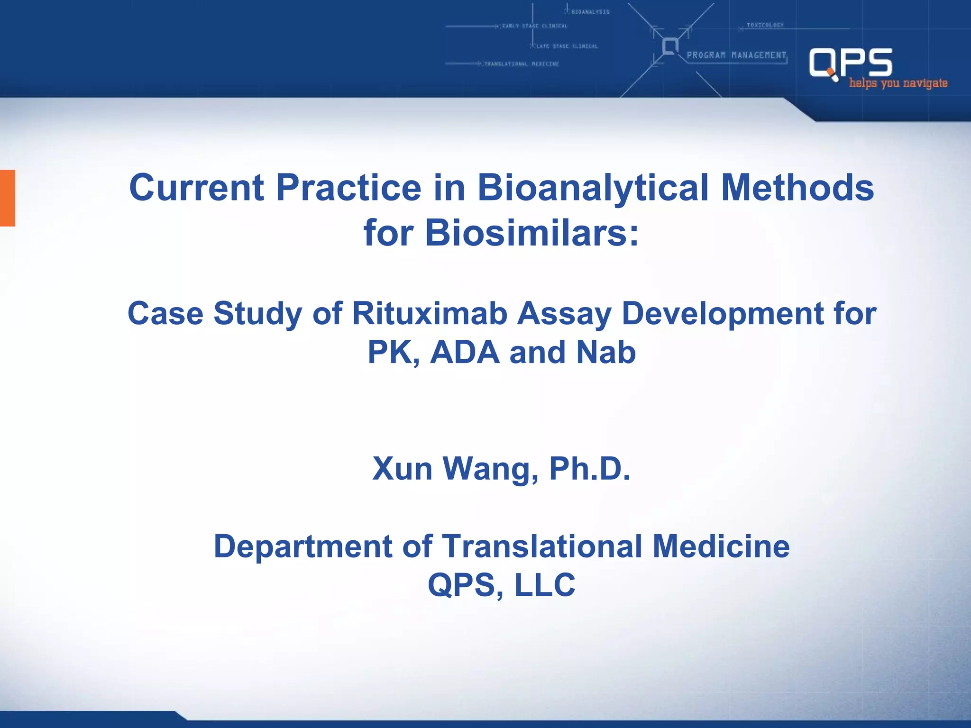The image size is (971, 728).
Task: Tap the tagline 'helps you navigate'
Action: [898, 83]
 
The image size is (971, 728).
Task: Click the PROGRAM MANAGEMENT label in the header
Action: [736, 55]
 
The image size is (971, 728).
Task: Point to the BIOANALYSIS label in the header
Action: [590, 12]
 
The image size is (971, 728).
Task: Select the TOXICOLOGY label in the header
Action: [765, 25]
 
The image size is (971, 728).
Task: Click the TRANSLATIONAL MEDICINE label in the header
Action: [521, 64]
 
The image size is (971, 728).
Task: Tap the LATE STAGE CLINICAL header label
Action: [567, 46]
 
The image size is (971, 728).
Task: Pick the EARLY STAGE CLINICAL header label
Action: [534, 26]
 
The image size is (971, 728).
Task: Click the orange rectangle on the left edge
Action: [8, 198]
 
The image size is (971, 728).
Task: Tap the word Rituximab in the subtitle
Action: [430, 313]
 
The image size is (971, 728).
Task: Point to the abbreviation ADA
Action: [465, 352]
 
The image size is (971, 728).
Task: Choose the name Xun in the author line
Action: [402, 469]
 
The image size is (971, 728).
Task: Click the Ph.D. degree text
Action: [589, 469]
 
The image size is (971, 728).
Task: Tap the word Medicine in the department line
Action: [721, 546]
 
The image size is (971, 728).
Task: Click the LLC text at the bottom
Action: [545, 585]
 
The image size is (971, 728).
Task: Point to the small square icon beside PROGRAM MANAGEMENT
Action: [670, 46]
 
